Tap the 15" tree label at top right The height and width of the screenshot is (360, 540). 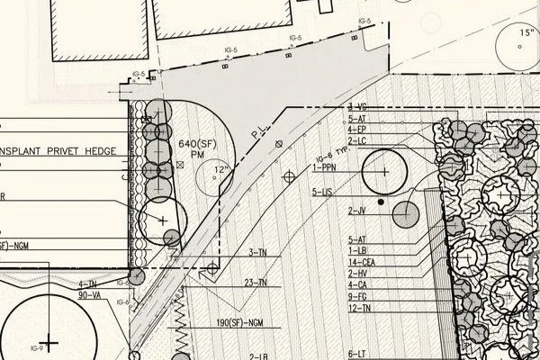coord(526,33)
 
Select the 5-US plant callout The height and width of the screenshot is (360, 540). coord(322,191)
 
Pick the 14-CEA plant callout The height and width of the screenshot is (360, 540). coord(361,261)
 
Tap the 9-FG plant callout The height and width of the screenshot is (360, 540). coord(356,296)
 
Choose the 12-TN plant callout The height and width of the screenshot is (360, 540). coord(359,309)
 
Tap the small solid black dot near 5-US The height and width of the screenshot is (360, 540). coord(382,202)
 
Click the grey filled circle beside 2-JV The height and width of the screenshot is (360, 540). coord(407,214)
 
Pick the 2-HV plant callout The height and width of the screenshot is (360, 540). coord(356,273)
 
